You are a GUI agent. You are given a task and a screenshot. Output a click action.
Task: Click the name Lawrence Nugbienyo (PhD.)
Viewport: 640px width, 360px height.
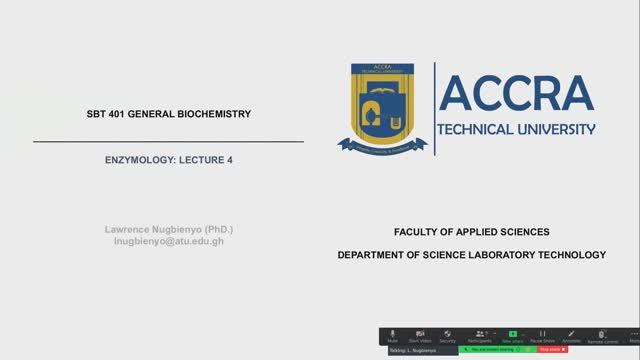click(x=168, y=230)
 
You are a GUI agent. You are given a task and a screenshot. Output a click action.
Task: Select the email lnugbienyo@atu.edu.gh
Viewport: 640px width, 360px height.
click(x=168, y=242)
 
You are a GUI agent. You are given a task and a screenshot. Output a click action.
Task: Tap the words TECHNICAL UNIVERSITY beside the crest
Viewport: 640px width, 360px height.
click(x=516, y=129)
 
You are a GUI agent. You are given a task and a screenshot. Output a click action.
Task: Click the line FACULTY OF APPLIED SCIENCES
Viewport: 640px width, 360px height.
click(x=471, y=232)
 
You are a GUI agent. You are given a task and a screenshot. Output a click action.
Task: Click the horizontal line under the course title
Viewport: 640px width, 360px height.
click(x=168, y=142)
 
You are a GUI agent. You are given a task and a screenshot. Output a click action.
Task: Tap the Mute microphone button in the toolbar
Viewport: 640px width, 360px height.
click(x=393, y=336)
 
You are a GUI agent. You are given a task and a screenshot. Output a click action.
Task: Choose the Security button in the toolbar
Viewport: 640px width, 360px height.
click(x=448, y=336)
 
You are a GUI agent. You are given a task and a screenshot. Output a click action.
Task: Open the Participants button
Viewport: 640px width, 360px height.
click(x=482, y=336)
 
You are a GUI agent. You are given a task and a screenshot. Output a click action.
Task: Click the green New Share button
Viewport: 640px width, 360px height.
click(x=512, y=336)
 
